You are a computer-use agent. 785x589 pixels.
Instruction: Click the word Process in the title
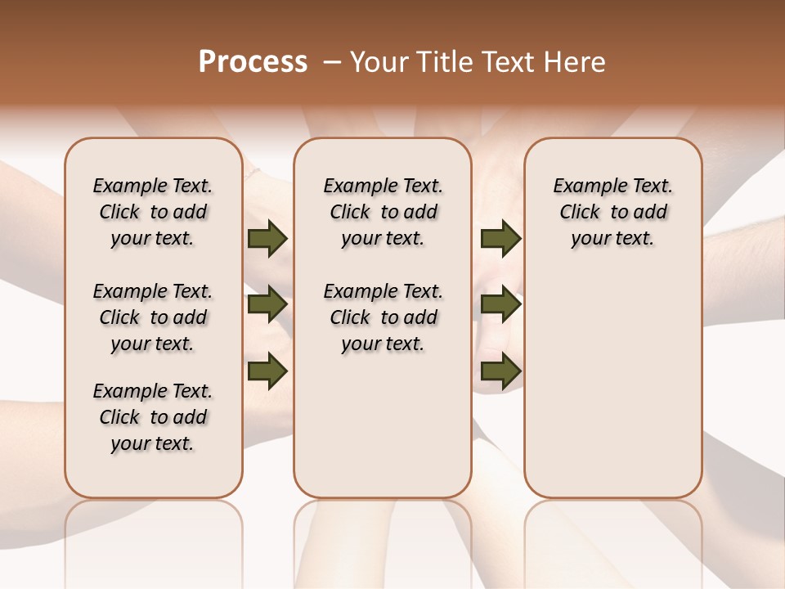point(253,62)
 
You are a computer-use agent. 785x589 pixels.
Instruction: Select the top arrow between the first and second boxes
point(267,239)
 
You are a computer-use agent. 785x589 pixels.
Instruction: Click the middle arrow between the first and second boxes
point(267,305)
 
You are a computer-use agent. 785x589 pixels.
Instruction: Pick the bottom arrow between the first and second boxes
point(267,371)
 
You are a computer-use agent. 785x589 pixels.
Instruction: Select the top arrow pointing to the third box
point(500,239)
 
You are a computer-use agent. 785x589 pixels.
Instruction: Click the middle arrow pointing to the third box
point(500,305)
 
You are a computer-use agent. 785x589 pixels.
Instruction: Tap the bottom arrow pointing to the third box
point(500,371)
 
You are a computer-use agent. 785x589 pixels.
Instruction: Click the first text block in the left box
point(153,212)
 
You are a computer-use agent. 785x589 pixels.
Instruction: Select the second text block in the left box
point(153,317)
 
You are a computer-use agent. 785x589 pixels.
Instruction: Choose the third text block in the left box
point(153,417)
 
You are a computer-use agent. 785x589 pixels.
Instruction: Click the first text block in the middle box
point(383,212)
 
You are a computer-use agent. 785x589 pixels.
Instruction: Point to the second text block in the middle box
point(383,317)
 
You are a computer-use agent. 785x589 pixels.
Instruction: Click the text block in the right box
point(612,212)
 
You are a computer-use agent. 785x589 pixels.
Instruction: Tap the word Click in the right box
point(580,213)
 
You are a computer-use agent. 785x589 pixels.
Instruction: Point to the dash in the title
point(332,62)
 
